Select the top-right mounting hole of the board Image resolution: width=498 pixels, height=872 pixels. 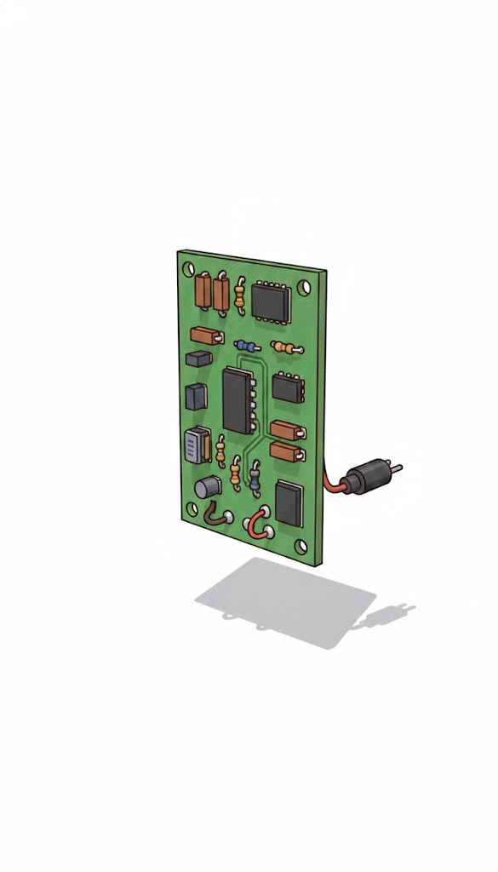306,287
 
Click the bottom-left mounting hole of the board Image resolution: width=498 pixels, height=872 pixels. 192,508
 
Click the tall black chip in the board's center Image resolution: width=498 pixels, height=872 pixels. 236,399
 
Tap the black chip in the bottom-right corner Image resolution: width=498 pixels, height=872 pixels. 289,502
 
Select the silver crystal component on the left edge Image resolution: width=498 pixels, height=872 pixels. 196,445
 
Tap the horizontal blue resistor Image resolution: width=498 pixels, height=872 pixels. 248,346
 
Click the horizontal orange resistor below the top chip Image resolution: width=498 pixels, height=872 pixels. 286,347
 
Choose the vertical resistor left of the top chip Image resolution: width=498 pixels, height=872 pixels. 241,295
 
